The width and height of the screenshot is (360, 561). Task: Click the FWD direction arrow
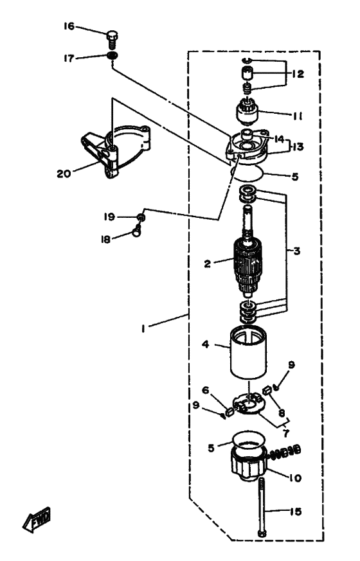coord(37,519)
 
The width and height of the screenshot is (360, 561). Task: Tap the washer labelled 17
coord(113,56)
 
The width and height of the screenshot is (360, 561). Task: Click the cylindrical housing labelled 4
coord(248,353)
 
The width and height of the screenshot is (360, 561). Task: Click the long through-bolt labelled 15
coord(262,506)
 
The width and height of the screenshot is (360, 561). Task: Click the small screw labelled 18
coord(136,231)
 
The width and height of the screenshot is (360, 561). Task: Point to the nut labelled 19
coord(141,217)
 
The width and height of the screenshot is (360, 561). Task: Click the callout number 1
coord(143,328)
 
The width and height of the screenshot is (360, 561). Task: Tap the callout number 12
coord(298,74)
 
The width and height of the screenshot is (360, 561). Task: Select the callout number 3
coord(296,251)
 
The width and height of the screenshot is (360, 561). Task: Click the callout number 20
coord(64,174)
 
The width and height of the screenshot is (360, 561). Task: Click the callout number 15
coord(295,512)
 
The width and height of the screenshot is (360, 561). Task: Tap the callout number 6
coord(206,389)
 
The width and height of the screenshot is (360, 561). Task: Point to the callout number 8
coord(282,413)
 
